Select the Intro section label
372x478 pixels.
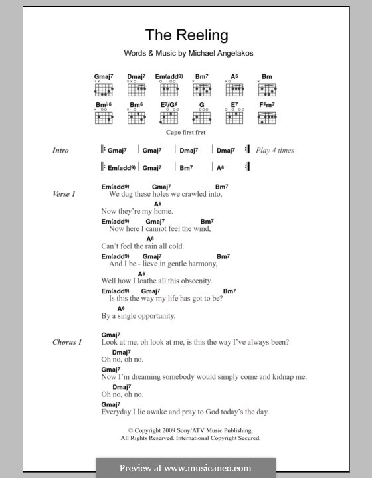point(61,151)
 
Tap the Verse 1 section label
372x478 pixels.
point(64,194)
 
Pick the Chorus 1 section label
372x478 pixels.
point(67,342)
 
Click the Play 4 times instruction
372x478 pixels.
point(275,151)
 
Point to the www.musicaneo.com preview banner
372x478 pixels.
point(185,467)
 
